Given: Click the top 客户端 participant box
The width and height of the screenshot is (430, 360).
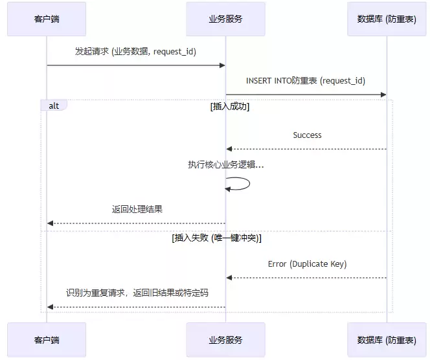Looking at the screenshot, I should click(47, 19).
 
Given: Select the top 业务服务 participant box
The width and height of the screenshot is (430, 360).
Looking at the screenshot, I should click(225, 19).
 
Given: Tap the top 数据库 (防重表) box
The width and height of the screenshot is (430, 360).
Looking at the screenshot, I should click(387, 19).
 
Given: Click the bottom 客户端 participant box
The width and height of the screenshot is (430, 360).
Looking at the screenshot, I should click(47, 340).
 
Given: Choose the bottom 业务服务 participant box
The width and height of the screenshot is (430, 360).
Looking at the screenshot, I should click(225, 340).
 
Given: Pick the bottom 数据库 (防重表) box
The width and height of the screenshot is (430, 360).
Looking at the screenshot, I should click(387, 340).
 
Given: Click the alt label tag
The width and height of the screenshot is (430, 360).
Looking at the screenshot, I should click(53, 106).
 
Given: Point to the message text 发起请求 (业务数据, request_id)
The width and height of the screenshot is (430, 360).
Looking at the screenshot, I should click(136, 51).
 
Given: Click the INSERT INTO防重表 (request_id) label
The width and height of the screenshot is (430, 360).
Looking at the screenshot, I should click(306, 81).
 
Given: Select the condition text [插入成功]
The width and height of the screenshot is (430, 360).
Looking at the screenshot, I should click(230, 107).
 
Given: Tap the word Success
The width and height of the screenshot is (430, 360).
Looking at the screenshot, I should click(307, 135).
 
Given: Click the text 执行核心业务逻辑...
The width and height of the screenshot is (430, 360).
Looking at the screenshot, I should click(225, 165).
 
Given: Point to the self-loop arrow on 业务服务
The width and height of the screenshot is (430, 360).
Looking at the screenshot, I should click(241, 183).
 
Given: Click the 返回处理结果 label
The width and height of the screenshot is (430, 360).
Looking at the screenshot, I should click(137, 209).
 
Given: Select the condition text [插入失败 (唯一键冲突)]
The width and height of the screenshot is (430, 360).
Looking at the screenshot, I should click(217, 238).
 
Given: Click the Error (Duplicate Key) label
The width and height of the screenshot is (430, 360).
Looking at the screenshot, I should click(307, 264).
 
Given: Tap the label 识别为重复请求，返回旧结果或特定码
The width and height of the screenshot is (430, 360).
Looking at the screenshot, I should click(137, 293).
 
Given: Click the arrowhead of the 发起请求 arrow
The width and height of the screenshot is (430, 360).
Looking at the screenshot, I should click(222, 65).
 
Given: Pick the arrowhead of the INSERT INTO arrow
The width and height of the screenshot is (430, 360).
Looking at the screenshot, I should click(383, 95).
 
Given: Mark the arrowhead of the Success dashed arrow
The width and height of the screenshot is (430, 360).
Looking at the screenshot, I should click(229, 149).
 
